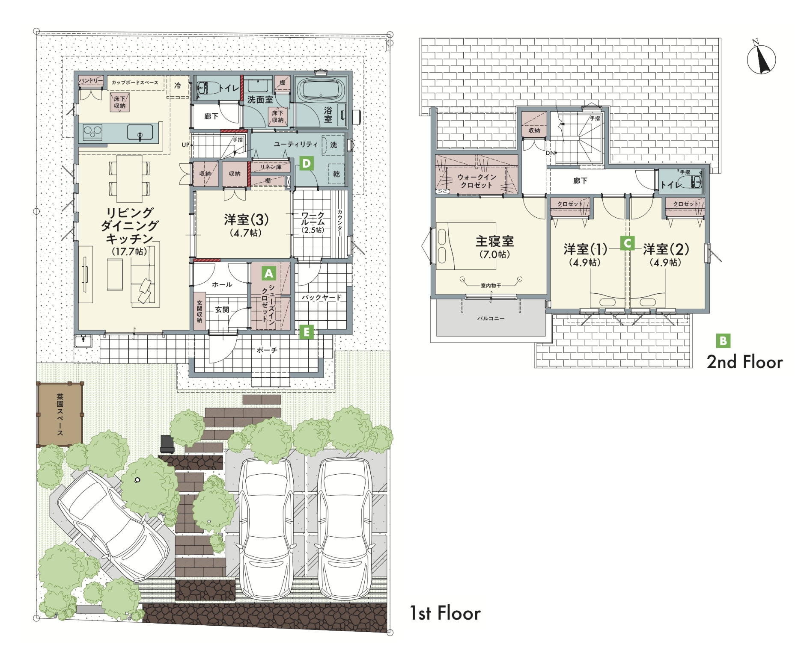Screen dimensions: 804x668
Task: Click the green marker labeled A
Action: [268, 273]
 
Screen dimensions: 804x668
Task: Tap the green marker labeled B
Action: [723, 341]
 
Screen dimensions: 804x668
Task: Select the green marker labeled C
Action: [627, 243]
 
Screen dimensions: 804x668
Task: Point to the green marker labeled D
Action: [307, 163]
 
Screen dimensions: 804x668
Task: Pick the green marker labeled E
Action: [307, 332]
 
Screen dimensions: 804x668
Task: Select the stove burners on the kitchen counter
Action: [92, 132]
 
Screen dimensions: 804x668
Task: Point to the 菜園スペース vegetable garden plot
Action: [60, 414]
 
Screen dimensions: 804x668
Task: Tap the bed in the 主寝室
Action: [466, 245]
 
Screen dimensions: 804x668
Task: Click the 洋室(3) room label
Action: [246, 220]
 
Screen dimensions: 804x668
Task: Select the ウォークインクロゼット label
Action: [476, 181]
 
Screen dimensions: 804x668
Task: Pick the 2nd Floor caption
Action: [744, 362]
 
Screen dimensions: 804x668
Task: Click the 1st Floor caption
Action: [445, 613]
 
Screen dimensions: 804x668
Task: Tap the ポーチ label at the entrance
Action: [267, 350]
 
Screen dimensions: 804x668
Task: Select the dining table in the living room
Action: [129, 178]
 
